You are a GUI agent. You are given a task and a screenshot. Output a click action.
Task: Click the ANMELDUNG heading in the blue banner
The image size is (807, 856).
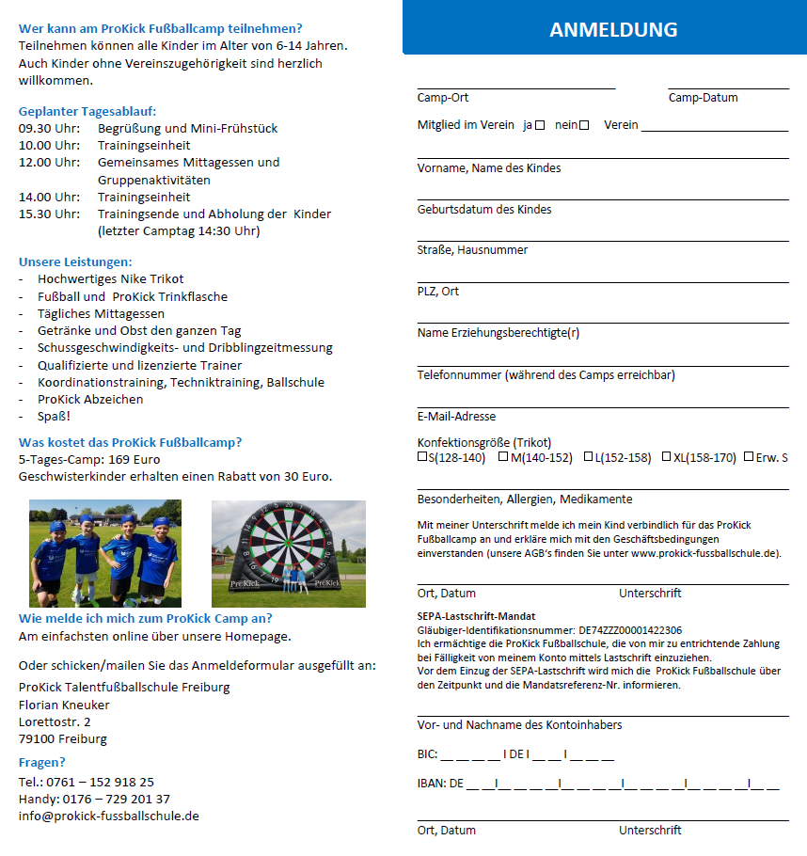(612, 29)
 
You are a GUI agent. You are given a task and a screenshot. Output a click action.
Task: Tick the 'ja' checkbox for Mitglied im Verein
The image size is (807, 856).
(540, 125)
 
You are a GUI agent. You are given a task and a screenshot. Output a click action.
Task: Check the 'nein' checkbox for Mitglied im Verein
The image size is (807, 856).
(584, 125)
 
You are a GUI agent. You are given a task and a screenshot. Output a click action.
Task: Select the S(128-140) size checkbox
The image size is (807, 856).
(422, 457)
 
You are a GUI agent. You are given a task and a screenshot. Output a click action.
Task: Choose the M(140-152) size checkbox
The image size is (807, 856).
(504, 457)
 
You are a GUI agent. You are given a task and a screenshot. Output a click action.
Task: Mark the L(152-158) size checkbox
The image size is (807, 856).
(588, 457)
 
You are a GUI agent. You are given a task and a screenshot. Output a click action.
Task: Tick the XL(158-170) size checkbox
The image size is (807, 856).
(666, 457)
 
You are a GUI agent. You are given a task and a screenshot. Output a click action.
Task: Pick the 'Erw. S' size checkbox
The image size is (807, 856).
(749, 457)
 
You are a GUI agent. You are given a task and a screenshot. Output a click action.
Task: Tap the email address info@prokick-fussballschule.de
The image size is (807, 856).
(108, 816)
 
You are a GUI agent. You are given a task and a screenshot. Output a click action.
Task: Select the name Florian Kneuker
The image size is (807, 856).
(64, 705)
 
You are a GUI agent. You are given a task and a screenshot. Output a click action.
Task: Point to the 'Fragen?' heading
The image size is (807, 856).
(42, 763)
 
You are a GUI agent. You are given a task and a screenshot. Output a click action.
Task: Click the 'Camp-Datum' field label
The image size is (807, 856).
(703, 98)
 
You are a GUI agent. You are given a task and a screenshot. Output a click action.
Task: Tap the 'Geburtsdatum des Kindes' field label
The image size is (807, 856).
(484, 209)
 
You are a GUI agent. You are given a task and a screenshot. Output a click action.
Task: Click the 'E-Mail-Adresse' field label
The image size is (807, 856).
(456, 416)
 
